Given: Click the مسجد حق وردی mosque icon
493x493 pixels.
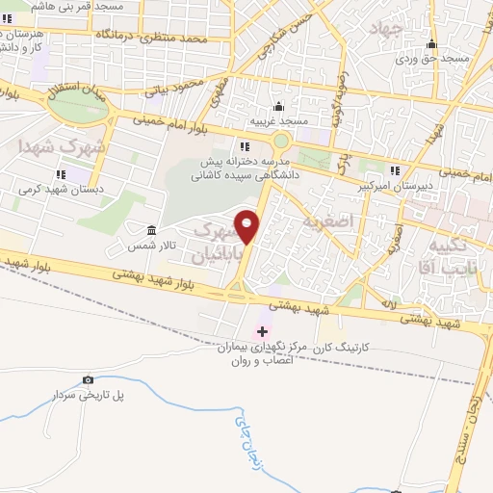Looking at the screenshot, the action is point(433,44).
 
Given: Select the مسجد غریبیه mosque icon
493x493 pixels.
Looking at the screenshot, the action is point(278,106).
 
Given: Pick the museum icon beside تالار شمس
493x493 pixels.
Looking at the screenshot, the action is point(152,231).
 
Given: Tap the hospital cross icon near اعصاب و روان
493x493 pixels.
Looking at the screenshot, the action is point(262,330).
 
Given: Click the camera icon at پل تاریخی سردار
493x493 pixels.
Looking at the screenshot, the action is point(89,380).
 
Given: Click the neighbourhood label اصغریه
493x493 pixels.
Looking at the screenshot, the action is point(356,221).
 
